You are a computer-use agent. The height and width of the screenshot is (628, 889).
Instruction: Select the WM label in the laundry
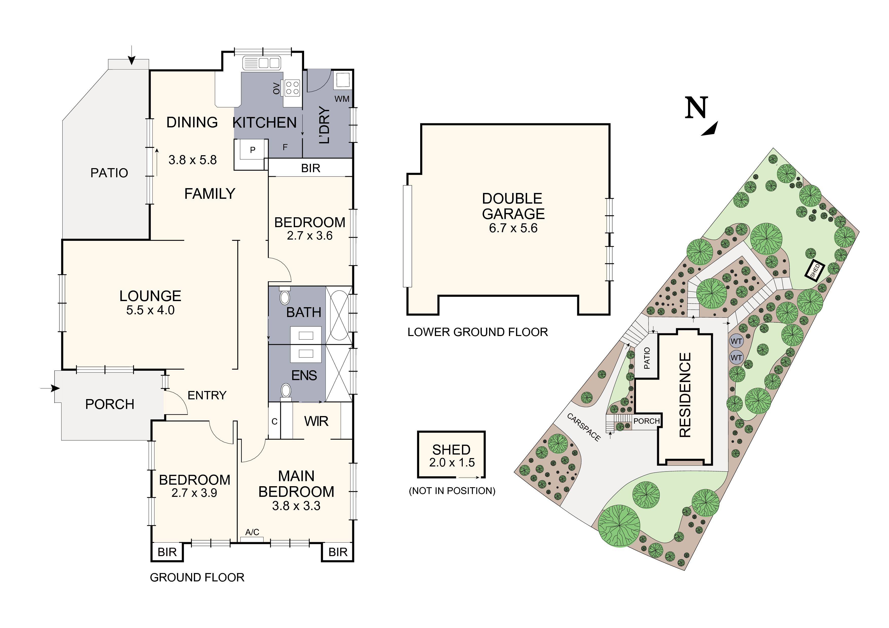342,99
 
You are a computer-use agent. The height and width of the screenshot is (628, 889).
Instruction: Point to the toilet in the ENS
286,390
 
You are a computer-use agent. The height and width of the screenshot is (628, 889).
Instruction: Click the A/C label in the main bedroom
252,532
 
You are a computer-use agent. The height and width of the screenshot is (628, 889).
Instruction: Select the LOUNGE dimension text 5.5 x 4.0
150,310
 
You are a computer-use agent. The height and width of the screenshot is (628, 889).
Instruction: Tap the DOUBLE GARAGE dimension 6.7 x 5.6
513,228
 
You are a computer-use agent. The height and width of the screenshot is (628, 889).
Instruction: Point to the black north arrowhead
711,129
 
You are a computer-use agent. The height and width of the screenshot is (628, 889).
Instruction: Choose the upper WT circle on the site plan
736,341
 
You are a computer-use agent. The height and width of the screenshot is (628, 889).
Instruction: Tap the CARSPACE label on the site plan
584,427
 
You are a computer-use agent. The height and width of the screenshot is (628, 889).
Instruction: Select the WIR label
316,421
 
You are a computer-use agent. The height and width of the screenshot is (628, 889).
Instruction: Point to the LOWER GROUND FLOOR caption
478,332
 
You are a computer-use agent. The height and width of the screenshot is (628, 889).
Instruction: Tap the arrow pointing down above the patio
132,55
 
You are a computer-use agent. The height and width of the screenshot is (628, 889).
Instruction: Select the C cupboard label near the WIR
274,421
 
